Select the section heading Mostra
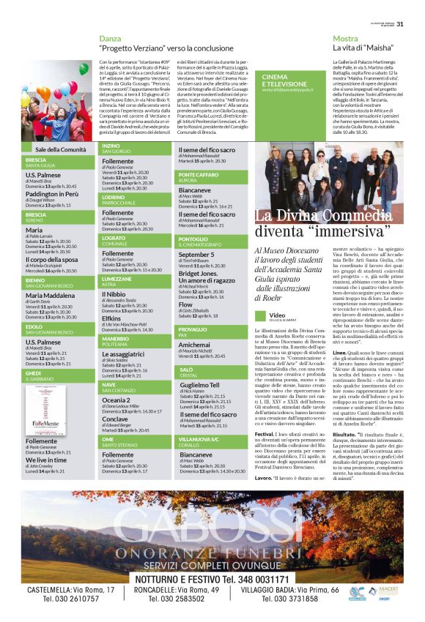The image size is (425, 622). click(345, 38)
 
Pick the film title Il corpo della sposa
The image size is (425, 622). click(57, 259)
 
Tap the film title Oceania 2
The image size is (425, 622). click(117, 400)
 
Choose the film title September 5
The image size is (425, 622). click(196, 254)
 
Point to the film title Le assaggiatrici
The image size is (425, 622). click(123, 353)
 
